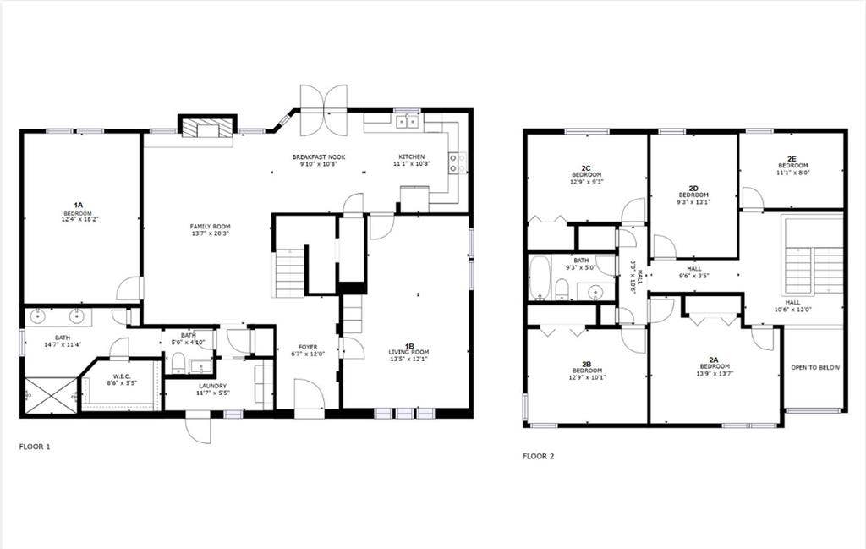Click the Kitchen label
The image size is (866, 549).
point(412,161)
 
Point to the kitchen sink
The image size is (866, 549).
point(406,122)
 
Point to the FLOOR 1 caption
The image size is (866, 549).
point(35,446)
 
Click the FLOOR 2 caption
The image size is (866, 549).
point(539,456)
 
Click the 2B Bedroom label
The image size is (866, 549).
point(587,371)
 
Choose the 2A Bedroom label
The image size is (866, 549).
point(713,367)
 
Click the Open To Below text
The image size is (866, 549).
point(814,368)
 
